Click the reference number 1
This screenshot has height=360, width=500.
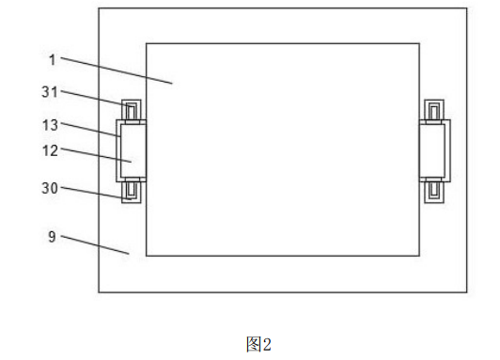pos(53,60)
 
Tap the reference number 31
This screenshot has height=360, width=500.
pos(50,92)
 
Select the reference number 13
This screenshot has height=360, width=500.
pos(50,125)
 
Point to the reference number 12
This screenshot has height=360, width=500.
pos(50,150)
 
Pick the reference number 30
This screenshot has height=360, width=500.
pos(50,188)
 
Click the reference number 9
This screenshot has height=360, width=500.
pos(52,237)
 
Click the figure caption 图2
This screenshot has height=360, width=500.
pos(258,344)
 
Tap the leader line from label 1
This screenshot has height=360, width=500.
pos(117,70)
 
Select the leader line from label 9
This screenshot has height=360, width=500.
pos(95,245)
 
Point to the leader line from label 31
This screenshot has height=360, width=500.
pos(97,99)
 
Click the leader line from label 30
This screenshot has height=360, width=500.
pos(96,194)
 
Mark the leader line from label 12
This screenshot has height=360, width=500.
pos(96,155)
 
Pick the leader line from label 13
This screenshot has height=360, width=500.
pos(90,130)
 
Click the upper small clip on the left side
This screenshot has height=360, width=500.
pos(132,110)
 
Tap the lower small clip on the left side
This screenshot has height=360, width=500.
pos(132,192)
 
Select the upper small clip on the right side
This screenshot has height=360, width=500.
pos(434,110)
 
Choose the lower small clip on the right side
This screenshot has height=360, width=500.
pos(434,192)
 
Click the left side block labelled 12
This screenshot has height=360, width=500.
pos(133,150)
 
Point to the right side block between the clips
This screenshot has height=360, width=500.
pos(432,150)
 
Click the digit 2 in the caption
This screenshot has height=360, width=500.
pos(266,344)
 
